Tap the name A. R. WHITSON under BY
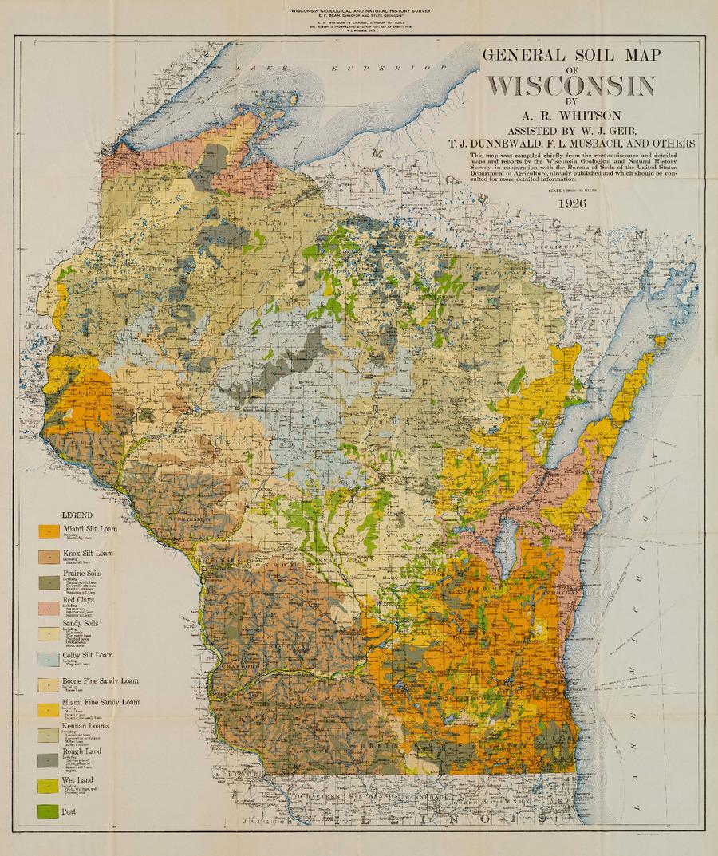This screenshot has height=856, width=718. (x=571, y=116)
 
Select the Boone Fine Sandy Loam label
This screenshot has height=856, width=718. (x=99, y=683)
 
